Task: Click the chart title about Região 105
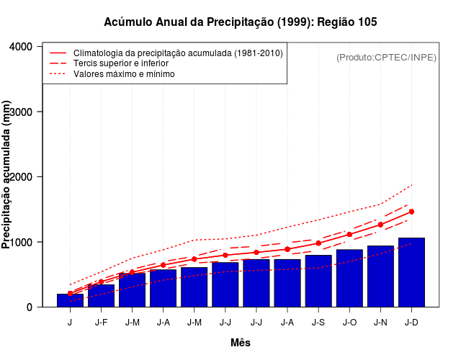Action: [x=241, y=22]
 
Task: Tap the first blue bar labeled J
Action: [x=70, y=300]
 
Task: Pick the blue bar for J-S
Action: [x=318, y=281]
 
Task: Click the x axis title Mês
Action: [x=241, y=343]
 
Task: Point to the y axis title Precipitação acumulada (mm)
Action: [x=8, y=176]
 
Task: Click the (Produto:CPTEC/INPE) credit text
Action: [x=387, y=57]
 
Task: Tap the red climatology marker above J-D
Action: [x=411, y=212]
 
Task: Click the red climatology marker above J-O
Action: [x=349, y=234]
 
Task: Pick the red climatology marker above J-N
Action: [x=380, y=225]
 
